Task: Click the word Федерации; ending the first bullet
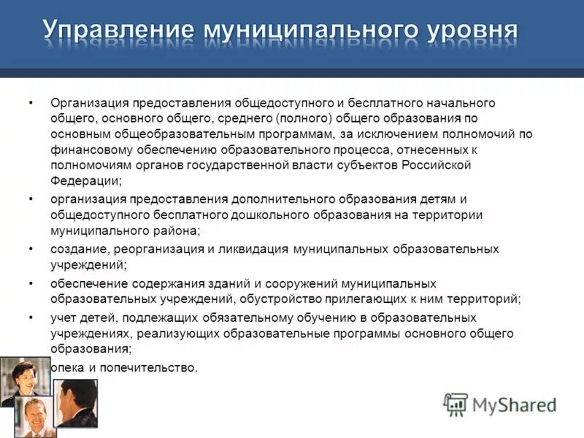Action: click(x=86, y=180)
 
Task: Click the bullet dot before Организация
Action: click(x=31, y=103)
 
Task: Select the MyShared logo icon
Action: click(x=456, y=404)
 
